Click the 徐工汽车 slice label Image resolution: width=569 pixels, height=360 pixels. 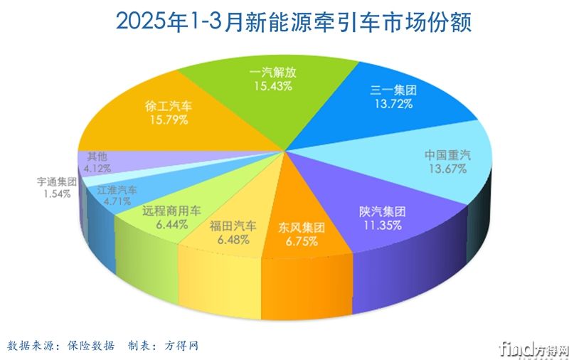167,106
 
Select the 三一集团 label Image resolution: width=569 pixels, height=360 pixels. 393,90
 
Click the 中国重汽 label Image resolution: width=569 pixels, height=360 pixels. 447,154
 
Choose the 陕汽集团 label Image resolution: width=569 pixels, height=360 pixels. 382,211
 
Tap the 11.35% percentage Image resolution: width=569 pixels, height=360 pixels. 382,226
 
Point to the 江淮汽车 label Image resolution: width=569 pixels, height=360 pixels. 117,191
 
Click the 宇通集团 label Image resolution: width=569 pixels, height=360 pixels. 56,181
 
